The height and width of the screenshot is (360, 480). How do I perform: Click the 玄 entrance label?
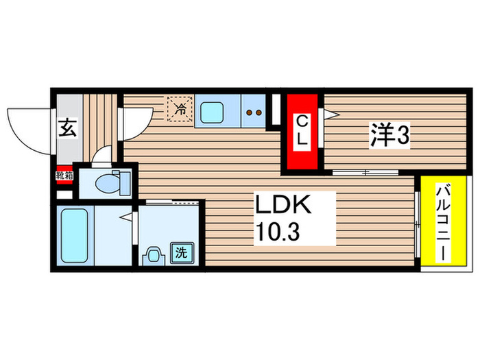(67, 128)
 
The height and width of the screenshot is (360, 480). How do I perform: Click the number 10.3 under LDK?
(278, 233)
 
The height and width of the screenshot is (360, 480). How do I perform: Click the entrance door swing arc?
(27, 130)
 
